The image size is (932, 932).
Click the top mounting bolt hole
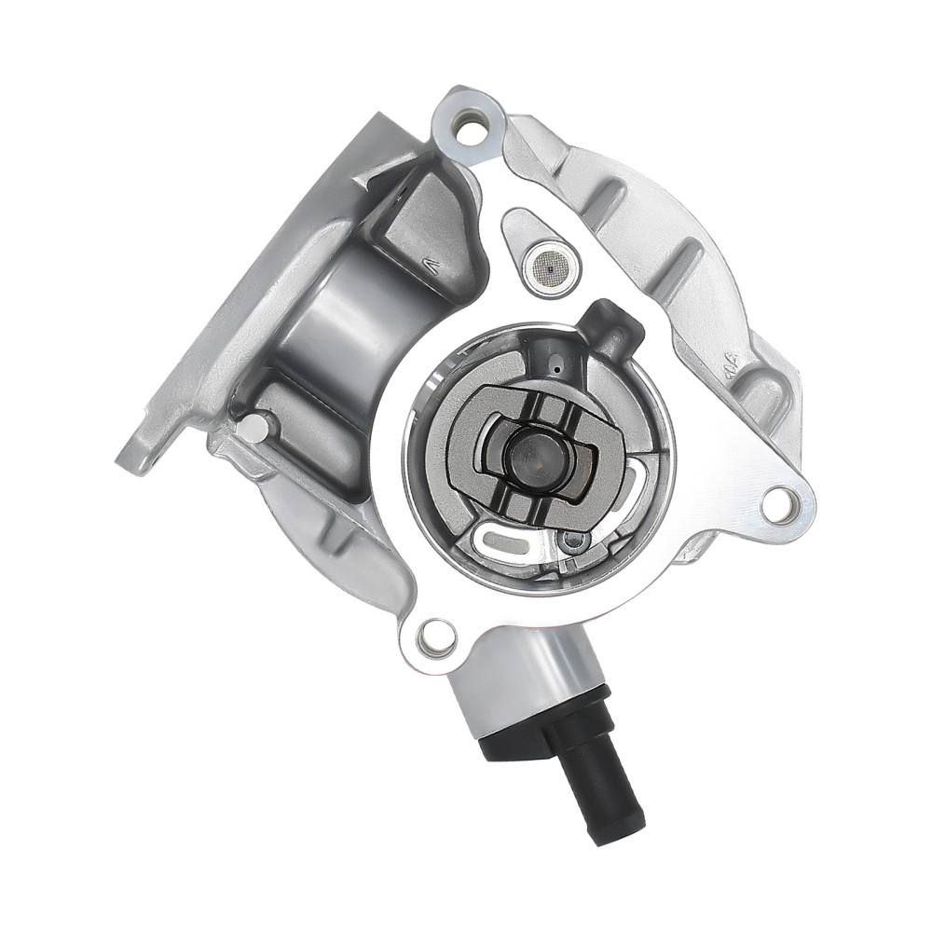(473, 126)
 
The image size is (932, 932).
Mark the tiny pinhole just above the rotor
(556, 370)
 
